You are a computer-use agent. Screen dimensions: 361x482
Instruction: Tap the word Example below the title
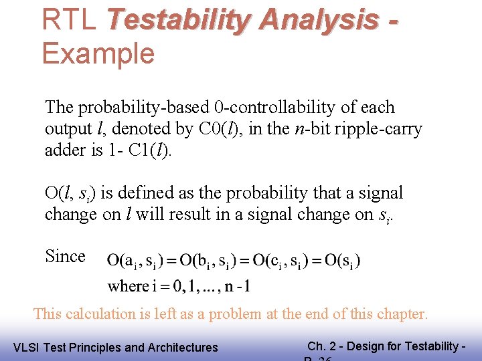tap(98, 53)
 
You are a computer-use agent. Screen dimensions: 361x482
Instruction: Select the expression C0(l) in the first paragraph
tap(221, 129)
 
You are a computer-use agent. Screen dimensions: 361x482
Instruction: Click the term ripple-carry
tap(375, 129)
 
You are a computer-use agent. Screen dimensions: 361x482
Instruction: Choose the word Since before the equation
tap(65, 256)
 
